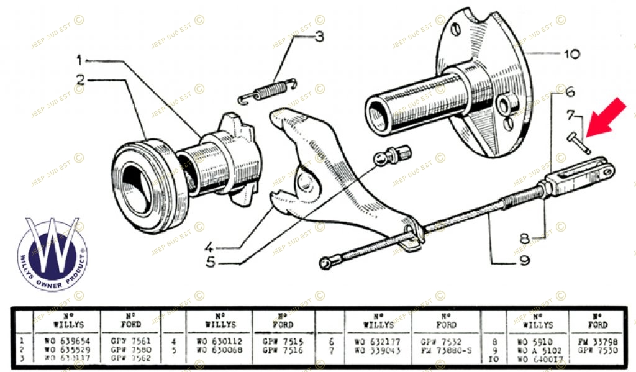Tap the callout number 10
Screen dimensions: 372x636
point(571,54)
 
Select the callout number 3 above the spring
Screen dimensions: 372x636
point(319,37)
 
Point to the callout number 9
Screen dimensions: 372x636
point(524,261)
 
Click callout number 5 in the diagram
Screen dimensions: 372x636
point(211,262)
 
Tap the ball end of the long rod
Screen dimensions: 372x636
point(325,263)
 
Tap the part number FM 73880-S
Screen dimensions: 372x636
point(446,350)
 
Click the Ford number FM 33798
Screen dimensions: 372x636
point(597,342)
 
